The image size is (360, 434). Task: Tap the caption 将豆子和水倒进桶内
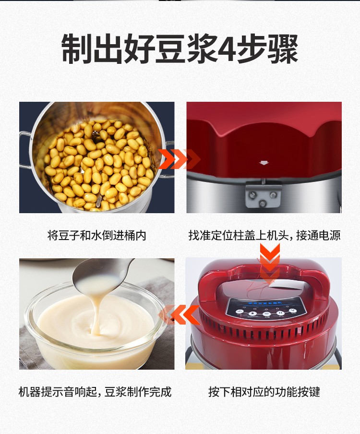96,236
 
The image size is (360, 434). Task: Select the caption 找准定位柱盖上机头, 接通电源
264,236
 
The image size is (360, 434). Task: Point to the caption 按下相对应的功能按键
264,392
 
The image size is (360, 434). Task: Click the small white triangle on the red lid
263,163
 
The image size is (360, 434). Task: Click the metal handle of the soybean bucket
24,149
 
